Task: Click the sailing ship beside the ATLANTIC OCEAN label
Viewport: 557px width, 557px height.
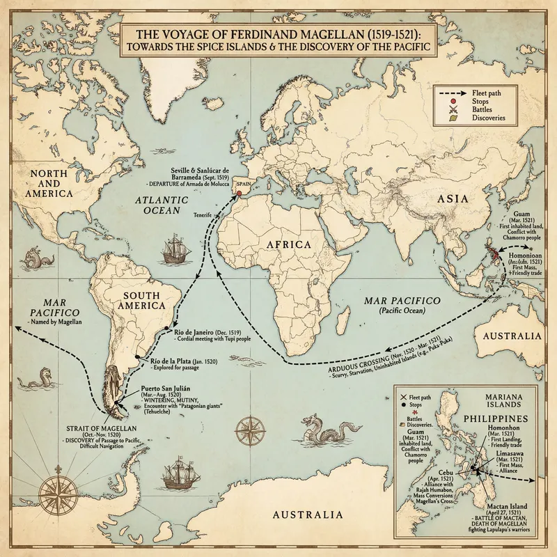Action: (x=171, y=250)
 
